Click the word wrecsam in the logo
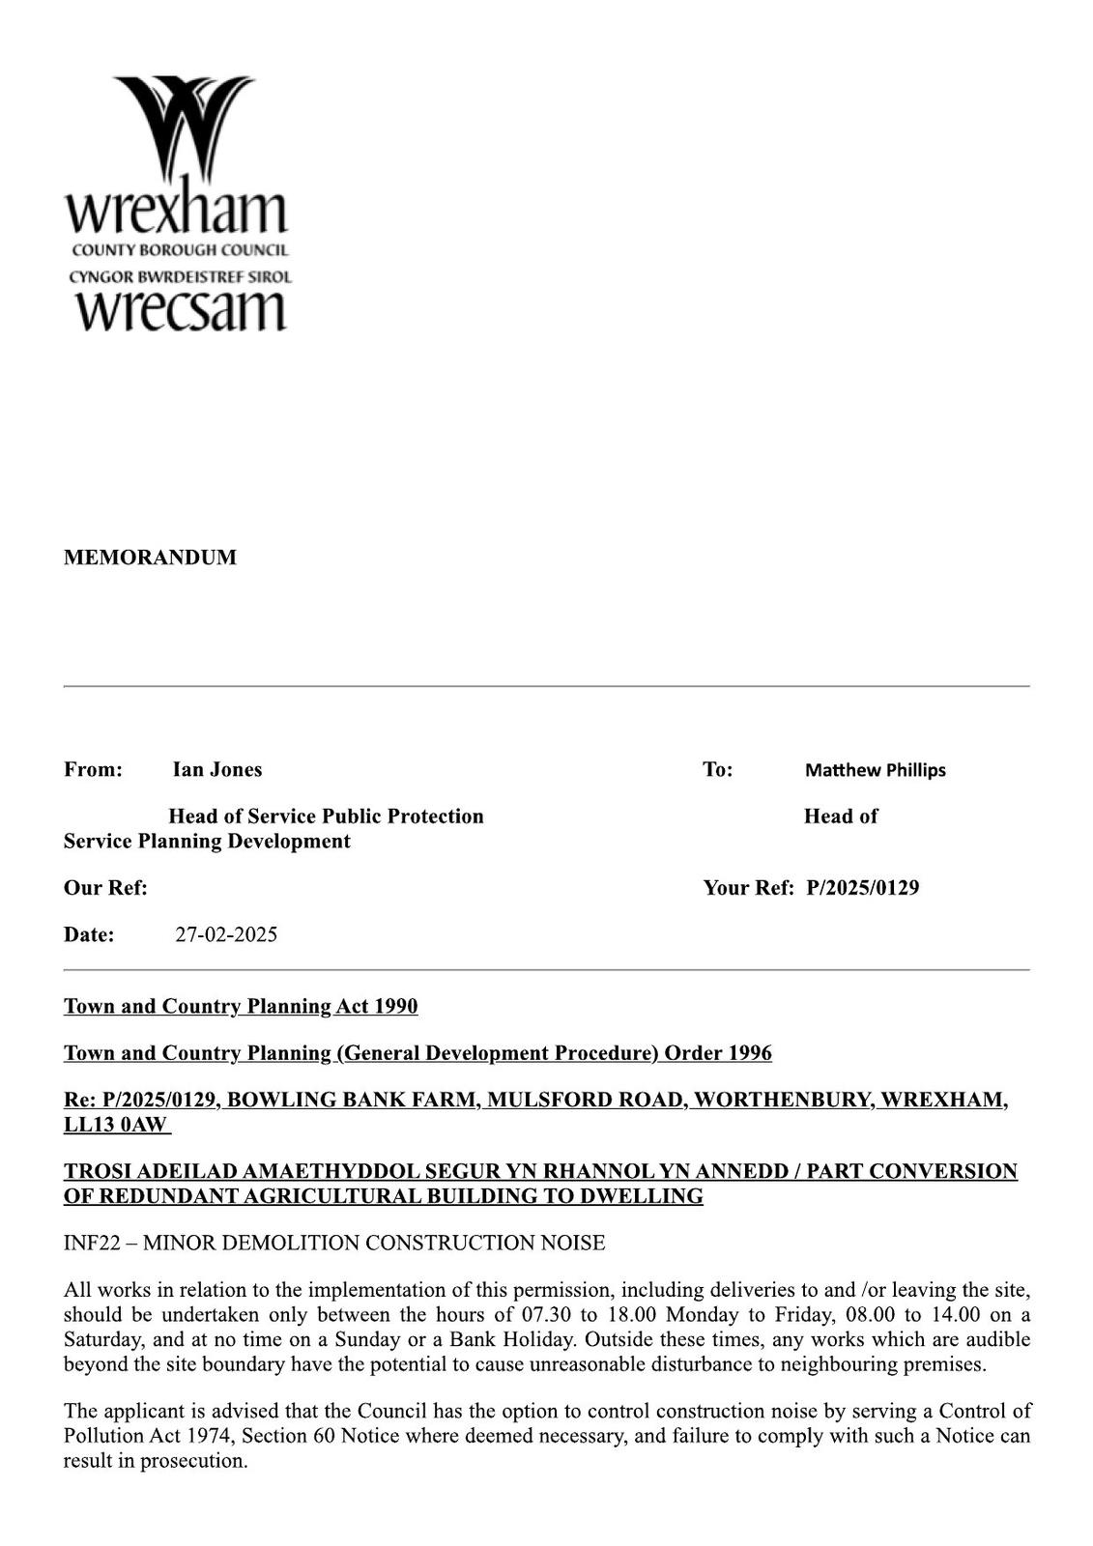(x=181, y=310)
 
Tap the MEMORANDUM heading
(x=150, y=558)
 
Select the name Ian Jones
(x=217, y=769)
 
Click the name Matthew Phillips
(x=875, y=770)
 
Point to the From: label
(x=93, y=769)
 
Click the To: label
(x=717, y=769)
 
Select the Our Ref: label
(x=105, y=887)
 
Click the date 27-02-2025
(x=226, y=934)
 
